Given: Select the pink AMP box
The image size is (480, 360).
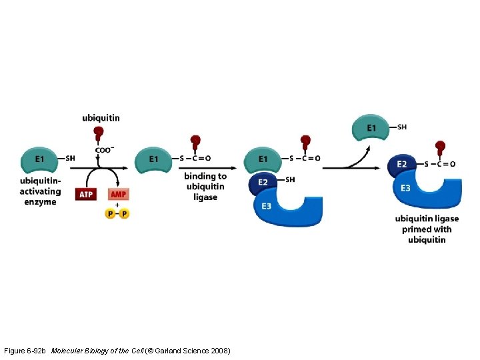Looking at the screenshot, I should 118,194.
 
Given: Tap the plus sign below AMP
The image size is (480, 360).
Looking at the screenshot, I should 117,205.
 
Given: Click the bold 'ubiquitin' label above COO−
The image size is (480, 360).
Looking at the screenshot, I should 101,118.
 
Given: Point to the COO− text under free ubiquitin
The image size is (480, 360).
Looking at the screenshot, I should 103,150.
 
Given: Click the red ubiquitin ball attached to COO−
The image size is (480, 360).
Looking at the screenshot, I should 99,132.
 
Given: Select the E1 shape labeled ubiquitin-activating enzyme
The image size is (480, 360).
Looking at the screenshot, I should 41,159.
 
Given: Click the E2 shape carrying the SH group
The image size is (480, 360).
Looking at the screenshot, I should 263,183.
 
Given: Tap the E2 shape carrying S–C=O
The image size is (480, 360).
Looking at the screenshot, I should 401,165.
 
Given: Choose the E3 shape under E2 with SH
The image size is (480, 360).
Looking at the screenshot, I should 287,206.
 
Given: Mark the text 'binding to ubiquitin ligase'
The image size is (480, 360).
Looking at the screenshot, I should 205,187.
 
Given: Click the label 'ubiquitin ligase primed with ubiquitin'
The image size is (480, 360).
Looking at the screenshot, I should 427,229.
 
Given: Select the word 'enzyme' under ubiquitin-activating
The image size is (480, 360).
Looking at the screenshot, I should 41,202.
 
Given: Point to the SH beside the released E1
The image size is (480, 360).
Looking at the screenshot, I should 402,127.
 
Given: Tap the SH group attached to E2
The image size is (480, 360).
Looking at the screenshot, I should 289,179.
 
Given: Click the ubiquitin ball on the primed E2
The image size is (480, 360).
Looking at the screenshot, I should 440,146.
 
